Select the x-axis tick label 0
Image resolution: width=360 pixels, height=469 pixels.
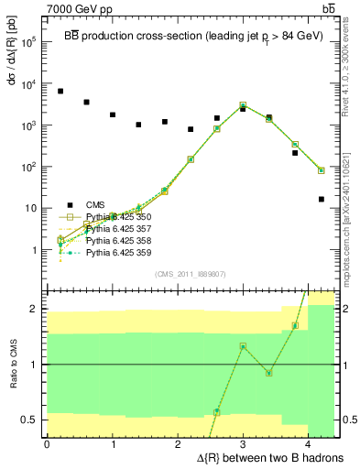click(x=47, y=444)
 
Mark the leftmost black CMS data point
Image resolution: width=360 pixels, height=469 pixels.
click(x=60, y=92)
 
